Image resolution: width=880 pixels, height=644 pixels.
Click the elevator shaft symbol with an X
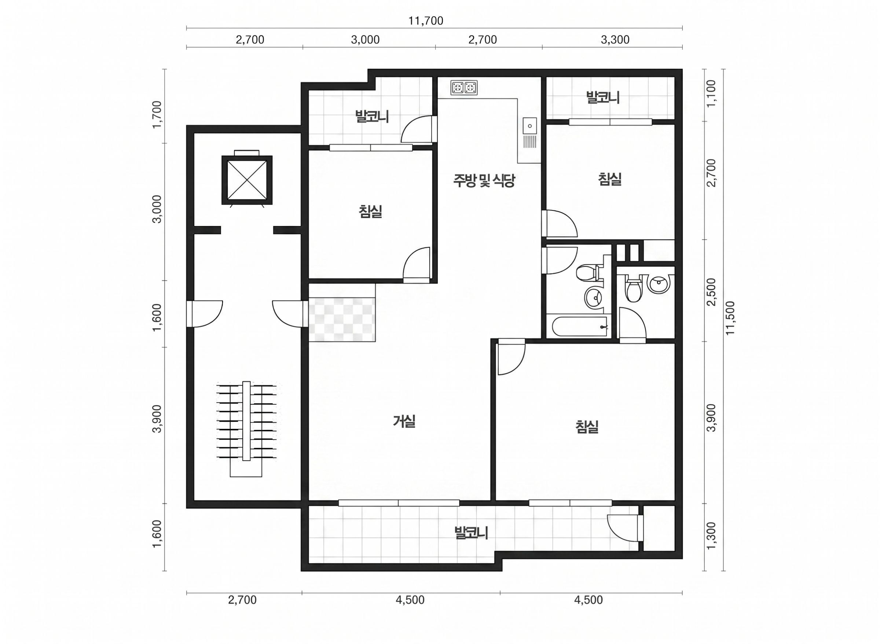click(247, 180)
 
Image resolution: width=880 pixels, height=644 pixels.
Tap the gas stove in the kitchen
click(464, 88)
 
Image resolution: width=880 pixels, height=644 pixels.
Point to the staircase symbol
click(246, 429)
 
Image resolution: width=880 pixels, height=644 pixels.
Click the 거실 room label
click(404, 422)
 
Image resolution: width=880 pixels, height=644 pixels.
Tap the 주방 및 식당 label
click(484, 180)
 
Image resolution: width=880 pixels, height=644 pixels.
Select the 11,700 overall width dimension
click(426, 21)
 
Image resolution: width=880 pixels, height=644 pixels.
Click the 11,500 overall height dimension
click(730, 318)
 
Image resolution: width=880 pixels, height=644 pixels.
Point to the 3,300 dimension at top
click(615, 40)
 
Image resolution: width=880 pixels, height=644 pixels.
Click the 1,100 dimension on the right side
click(712, 93)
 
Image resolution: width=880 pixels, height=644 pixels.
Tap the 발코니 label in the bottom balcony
click(472, 533)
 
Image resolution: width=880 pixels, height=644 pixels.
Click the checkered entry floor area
click(342, 320)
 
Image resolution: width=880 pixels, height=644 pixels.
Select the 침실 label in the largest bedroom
click(587, 427)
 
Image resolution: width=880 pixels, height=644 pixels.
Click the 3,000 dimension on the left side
click(157, 209)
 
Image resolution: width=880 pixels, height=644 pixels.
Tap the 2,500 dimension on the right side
click(712, 292)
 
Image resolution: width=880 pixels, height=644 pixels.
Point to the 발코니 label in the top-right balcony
click(603, 97)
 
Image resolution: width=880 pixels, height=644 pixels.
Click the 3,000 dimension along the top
click(365, 40)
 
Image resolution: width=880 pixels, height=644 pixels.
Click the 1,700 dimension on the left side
click(157, 115)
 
